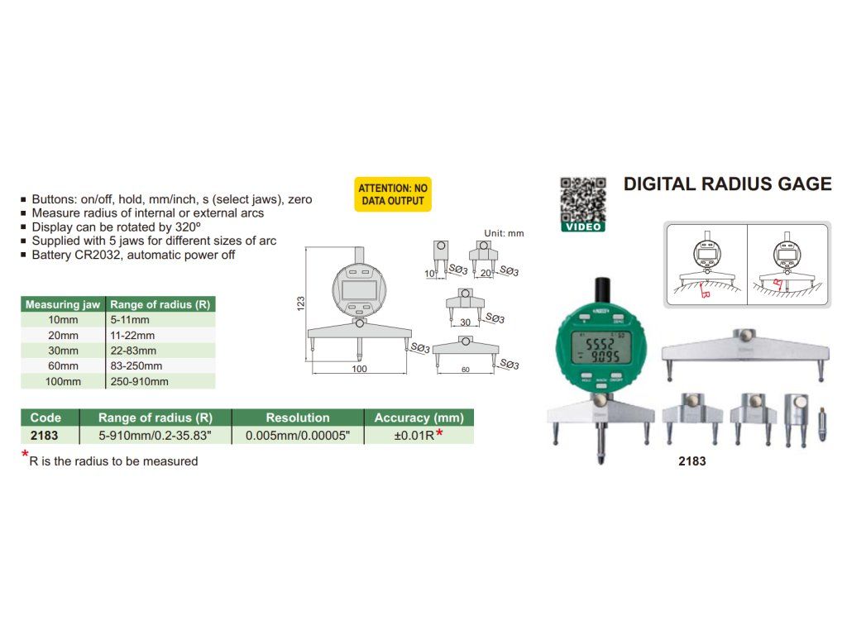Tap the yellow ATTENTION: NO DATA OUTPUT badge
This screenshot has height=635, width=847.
tap(393, 194)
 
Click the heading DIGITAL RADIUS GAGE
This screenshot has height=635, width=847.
tap(727, 184)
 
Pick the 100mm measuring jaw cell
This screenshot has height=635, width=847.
tap(64, 381)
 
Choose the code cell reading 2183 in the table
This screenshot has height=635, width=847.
tap(44, 435)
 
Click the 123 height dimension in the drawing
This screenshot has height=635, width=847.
tap(301, 303)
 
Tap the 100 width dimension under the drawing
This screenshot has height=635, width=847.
tap(359, 369)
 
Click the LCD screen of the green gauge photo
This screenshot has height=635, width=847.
tap(601, 345)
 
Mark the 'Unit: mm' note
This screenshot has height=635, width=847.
tap(505, 233)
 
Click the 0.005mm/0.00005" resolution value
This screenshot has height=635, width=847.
tap(298, 435)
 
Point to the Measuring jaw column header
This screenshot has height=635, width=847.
tap(63, 304)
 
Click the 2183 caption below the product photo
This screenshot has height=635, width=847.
tap(691, 461)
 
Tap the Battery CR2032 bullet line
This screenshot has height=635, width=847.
tap(133, 255)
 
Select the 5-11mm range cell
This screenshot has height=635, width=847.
tap(130, 320)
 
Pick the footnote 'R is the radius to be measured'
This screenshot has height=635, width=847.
tap(113, 461)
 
